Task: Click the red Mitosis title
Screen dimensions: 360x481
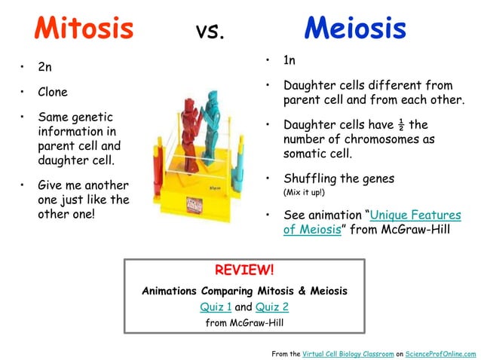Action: coord(84,29)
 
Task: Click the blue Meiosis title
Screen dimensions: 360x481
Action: coord(355,29)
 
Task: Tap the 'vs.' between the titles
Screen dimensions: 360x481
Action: coord(210,32)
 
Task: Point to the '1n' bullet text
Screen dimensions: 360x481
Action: coord(290,60)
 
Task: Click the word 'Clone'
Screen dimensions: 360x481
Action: coord(53,93)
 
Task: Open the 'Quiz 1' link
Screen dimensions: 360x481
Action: coord(216,307)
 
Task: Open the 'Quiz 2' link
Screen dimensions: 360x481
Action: coord(272,307)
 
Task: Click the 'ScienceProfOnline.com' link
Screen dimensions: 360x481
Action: coord(441,353)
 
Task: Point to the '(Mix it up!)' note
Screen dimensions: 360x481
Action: coord(304,192)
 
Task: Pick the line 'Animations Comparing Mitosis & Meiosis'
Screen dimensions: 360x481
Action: coord(244,290)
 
